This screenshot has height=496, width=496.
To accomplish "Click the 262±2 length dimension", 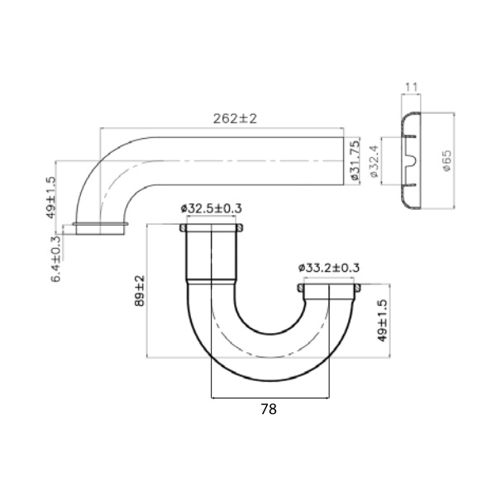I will pos(235,118).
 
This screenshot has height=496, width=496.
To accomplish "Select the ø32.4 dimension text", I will pos(374,161).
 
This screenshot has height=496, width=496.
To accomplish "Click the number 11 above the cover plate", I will pos(411,85).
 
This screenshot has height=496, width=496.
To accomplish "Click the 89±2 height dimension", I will pos(140,292).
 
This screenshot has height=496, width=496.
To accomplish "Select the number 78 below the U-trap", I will pos(269,408).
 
